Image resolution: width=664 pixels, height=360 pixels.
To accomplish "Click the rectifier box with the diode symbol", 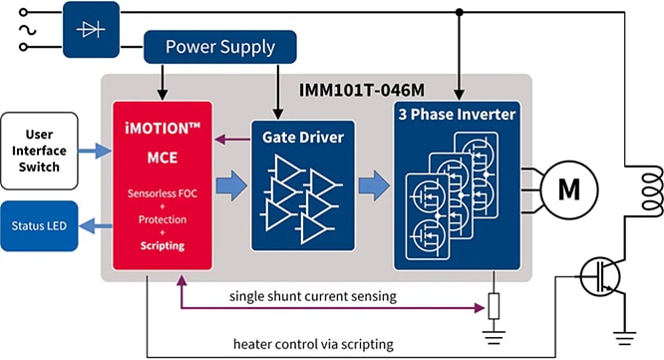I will pos(91,29).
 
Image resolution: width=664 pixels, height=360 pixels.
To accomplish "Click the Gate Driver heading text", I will pos(300,136).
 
